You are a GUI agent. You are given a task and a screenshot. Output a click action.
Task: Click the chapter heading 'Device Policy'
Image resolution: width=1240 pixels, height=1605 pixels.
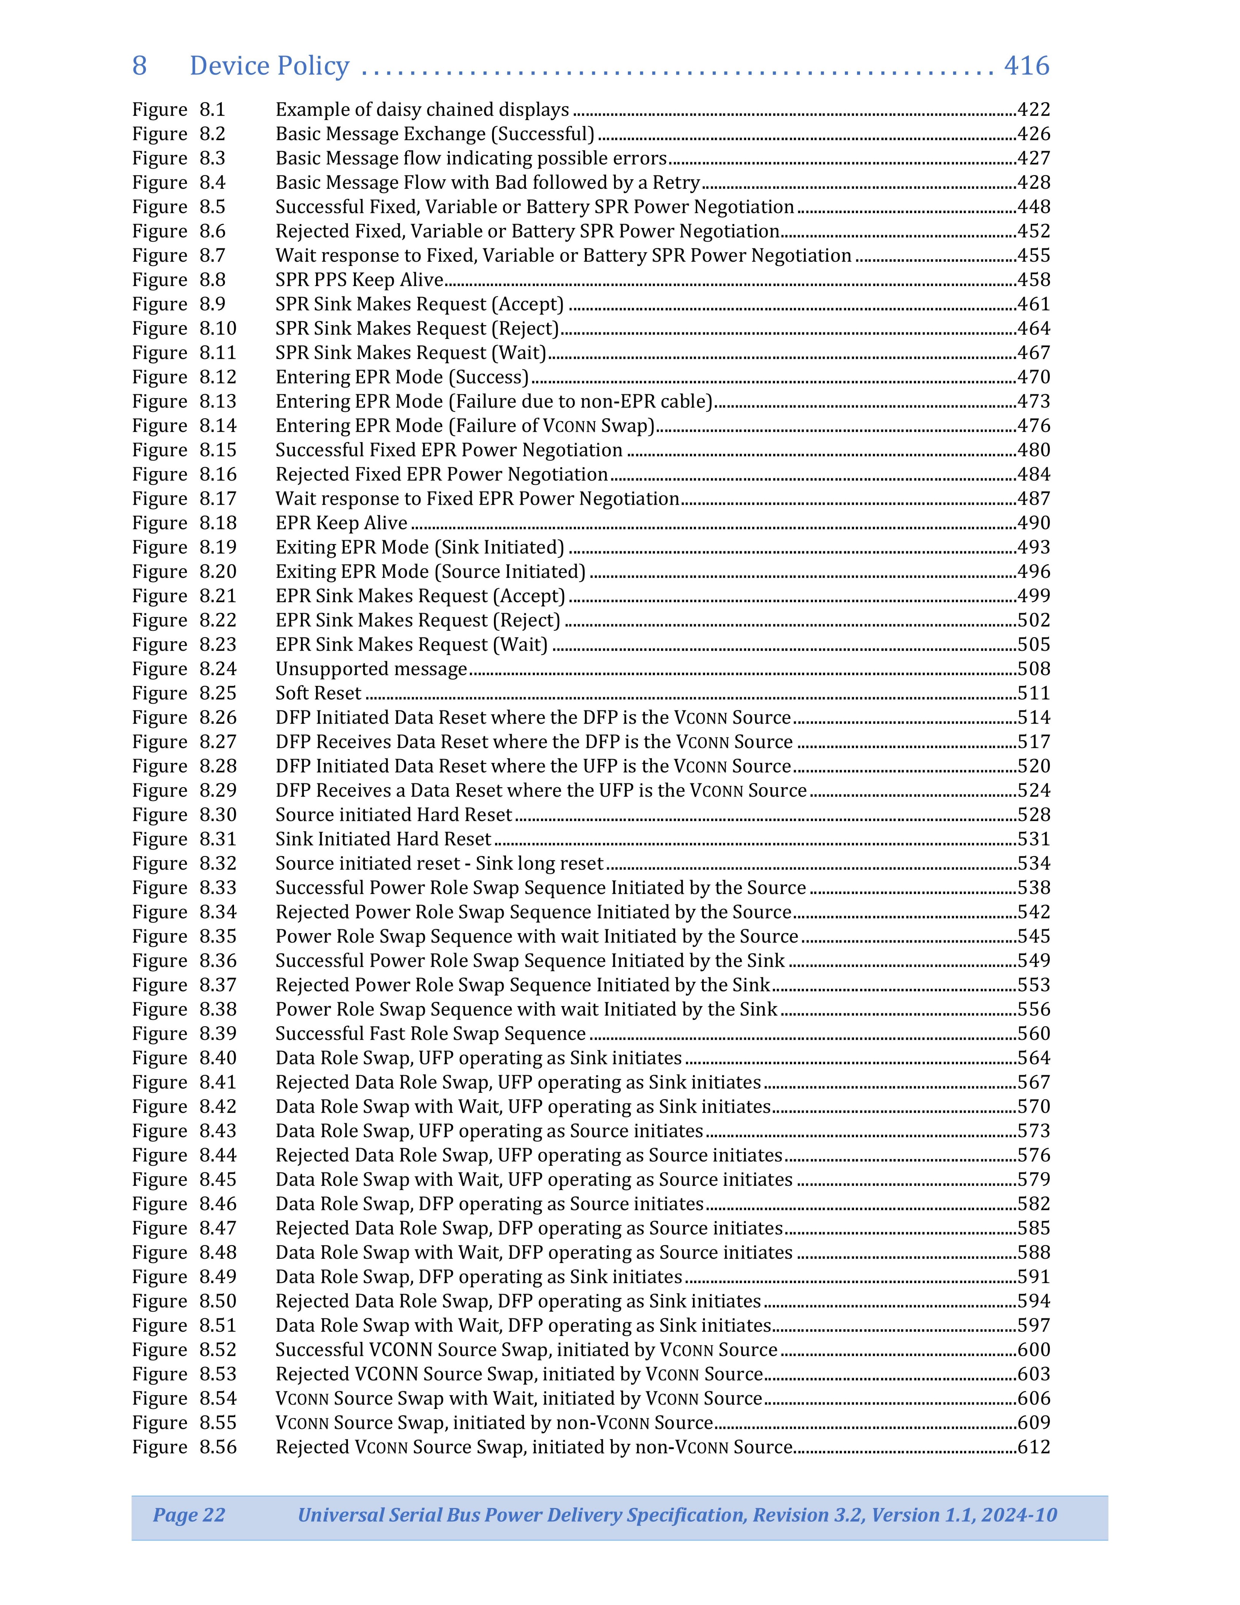click(269, 66)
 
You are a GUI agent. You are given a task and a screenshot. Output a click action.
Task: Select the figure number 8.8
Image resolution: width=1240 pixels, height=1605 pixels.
click(212, 280)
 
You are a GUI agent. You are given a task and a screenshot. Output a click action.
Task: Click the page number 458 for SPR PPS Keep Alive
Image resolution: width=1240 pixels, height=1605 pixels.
click(1034, 280)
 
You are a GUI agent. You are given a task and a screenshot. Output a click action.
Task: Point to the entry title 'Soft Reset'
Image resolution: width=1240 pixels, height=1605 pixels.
click(318, 693)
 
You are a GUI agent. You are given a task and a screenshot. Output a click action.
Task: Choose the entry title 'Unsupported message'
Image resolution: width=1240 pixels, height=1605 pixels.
click(371, 669)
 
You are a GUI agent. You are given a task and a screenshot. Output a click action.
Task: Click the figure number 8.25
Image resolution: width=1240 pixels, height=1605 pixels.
click(217, 693)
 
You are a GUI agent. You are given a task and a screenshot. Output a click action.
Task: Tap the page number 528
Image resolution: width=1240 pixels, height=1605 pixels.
click(1034, 815)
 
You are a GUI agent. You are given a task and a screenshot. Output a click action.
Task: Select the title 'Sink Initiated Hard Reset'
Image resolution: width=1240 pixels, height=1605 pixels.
click(383, 839)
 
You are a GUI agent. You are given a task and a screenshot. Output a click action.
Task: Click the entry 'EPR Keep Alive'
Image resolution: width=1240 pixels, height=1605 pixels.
click(341, 523)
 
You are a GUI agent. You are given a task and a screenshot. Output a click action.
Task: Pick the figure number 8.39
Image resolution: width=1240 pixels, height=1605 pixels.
click(217, 1034)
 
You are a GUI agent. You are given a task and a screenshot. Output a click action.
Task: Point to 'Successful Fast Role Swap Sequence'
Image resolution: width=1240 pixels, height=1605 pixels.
click(430, 1034)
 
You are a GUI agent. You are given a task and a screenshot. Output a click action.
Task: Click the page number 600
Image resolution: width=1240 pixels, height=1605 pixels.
click(1034, 1350)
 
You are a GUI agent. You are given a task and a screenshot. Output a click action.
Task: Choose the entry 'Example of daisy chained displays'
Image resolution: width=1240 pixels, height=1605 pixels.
click(422, 109)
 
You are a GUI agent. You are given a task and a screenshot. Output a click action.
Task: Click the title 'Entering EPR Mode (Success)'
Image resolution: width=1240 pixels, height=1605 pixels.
click(402, 377)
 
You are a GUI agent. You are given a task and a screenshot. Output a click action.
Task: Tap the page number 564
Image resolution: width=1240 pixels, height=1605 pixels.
click(1034, 1058)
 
